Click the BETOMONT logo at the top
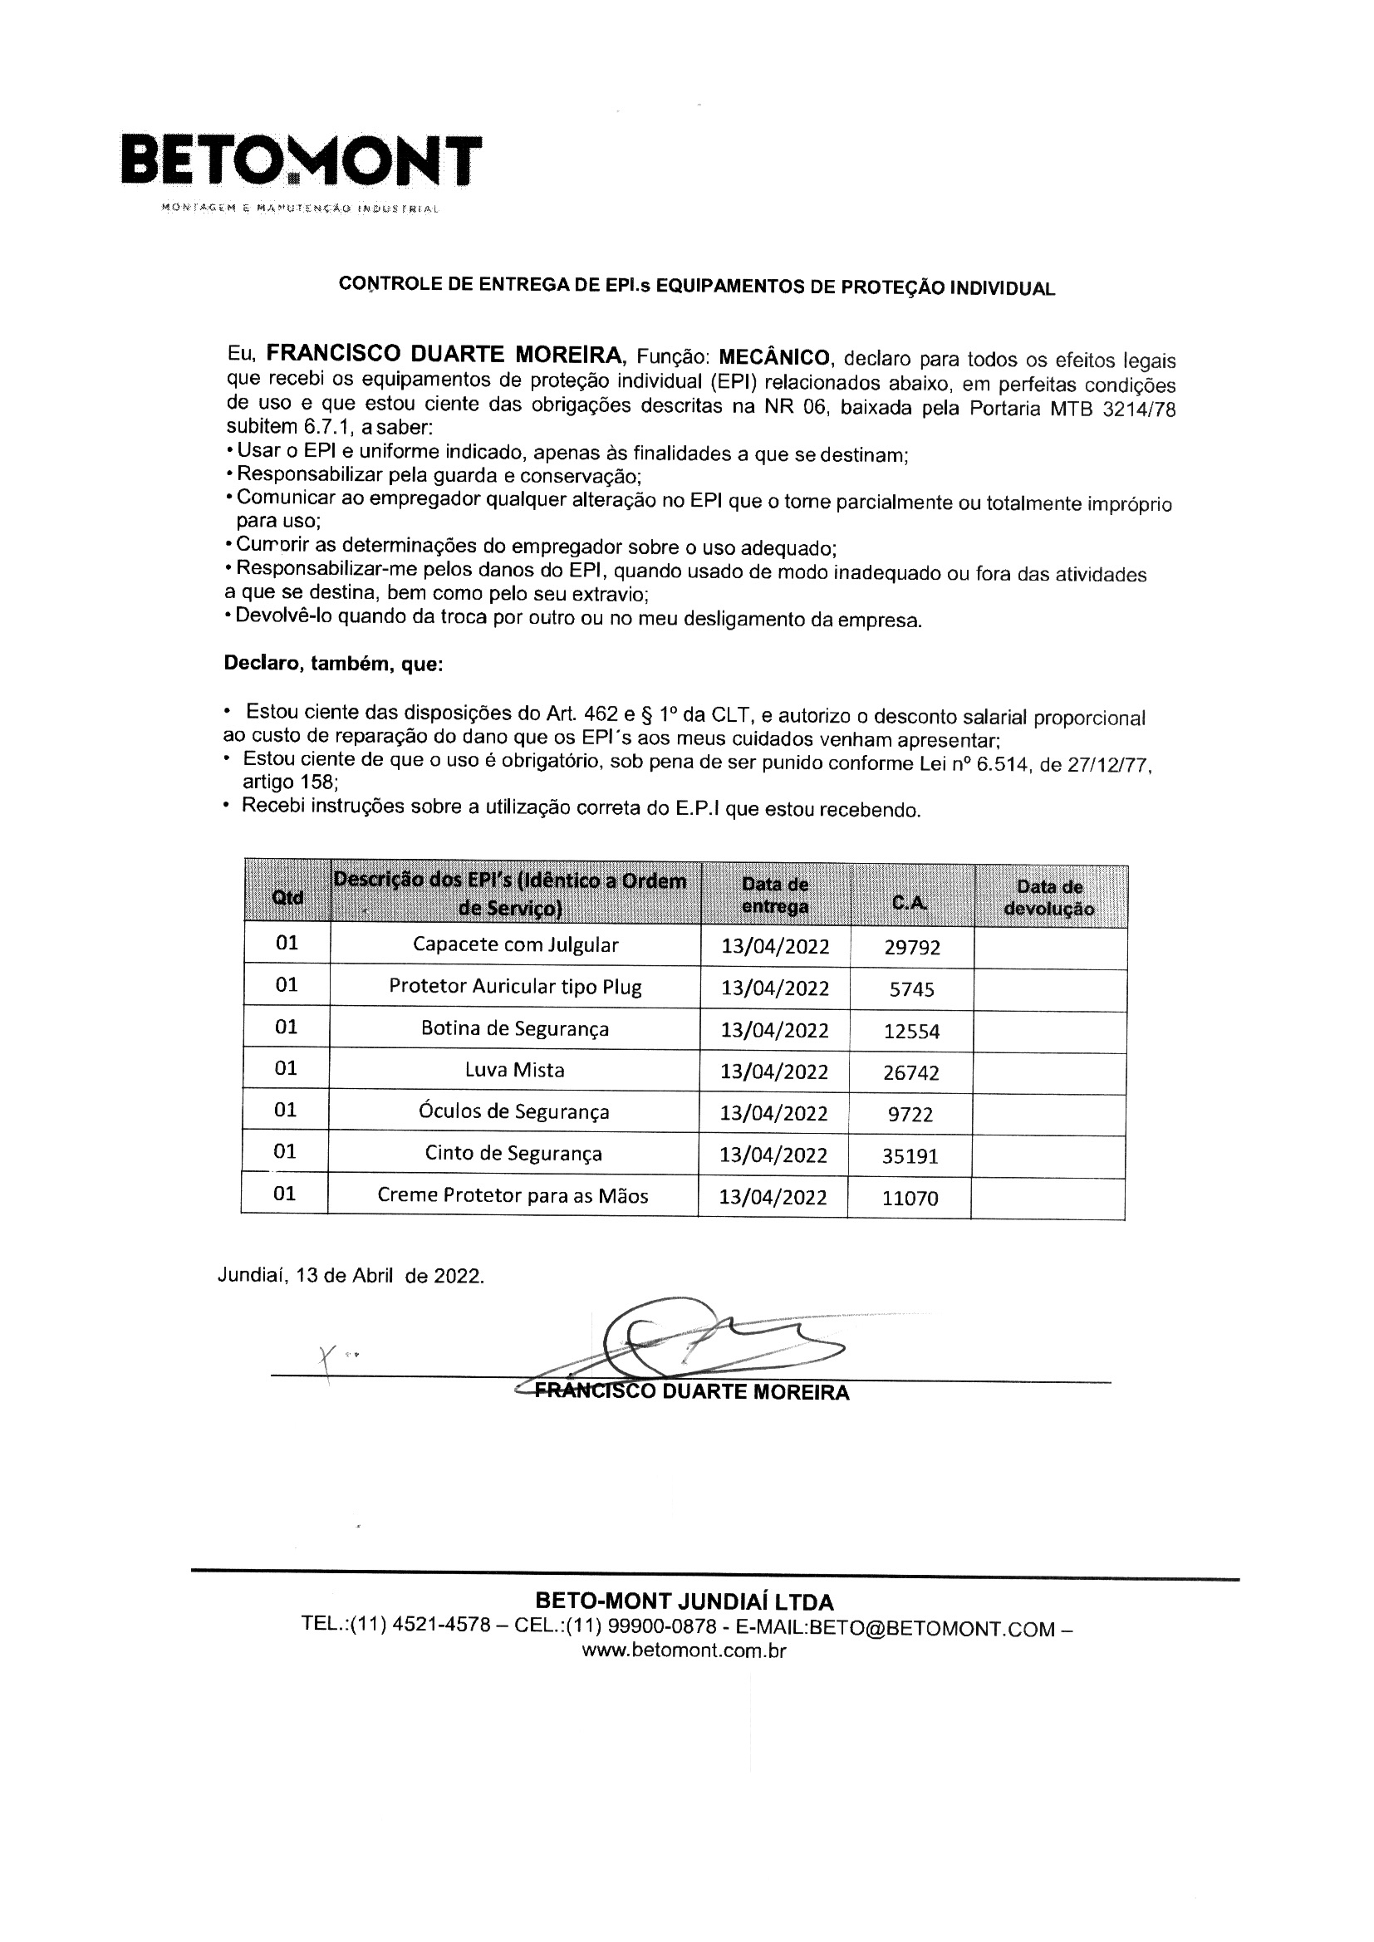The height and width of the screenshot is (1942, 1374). pos(302,160)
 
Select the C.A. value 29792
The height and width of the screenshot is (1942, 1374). pos(912,947)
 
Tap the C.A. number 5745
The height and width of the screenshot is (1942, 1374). pos(912,988)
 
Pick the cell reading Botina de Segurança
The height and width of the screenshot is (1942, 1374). pos(514,1028)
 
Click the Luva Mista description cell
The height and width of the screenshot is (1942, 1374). pos(514,1070)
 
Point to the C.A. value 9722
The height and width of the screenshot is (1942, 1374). pos(910,1114)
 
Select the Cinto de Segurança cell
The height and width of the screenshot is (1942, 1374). pos(513,1153)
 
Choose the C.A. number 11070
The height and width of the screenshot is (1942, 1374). pos(910,1198)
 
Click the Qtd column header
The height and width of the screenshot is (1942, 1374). pos(287,896)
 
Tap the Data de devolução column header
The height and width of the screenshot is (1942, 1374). pos(1049,897)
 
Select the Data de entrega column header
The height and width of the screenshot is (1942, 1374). pos(775,895)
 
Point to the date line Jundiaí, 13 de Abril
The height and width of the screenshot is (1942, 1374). pos(351,1276)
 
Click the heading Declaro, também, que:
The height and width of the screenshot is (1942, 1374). pos(333,664)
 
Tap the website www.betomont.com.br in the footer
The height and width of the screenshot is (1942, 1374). pos(685,1650)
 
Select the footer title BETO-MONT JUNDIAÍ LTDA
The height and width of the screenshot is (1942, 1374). pos(685,1601)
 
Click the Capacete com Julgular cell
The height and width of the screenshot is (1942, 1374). pos(515,944)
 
